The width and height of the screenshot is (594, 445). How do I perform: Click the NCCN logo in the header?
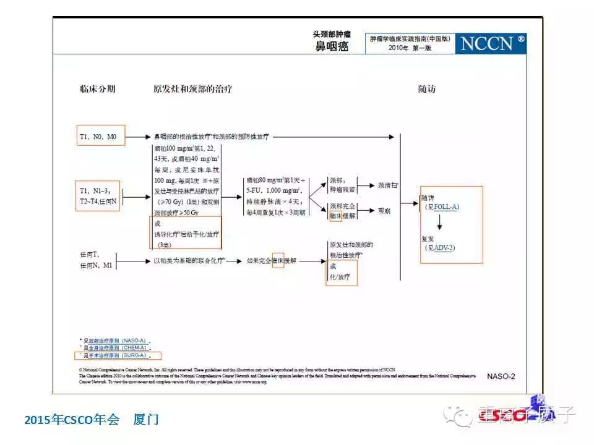493,43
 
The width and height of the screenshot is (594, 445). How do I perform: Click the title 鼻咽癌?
332,47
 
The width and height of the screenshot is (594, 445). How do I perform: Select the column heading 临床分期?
97,89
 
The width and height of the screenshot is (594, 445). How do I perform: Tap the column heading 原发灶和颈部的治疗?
193,89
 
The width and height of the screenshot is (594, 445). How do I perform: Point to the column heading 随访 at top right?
427,89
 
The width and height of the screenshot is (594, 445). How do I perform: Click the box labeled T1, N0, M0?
101,136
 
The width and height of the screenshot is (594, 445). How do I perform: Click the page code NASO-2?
501,376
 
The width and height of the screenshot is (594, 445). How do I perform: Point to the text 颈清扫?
387,185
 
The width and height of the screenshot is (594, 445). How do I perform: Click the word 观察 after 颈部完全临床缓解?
384,211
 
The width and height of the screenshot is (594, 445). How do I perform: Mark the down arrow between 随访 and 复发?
441,224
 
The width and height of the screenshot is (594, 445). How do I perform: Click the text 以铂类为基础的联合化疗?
189,261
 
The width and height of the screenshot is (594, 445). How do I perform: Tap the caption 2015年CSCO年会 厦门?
92,420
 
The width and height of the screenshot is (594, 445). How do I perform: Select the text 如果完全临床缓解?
271,261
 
